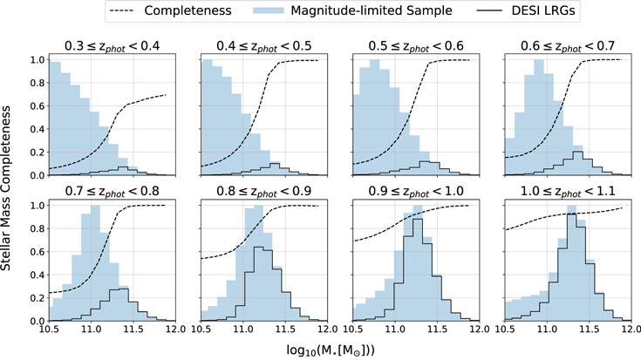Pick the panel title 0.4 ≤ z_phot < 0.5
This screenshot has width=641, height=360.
click(x=261, y=44)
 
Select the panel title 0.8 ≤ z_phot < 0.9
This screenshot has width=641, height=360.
click(x=261, y=189)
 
